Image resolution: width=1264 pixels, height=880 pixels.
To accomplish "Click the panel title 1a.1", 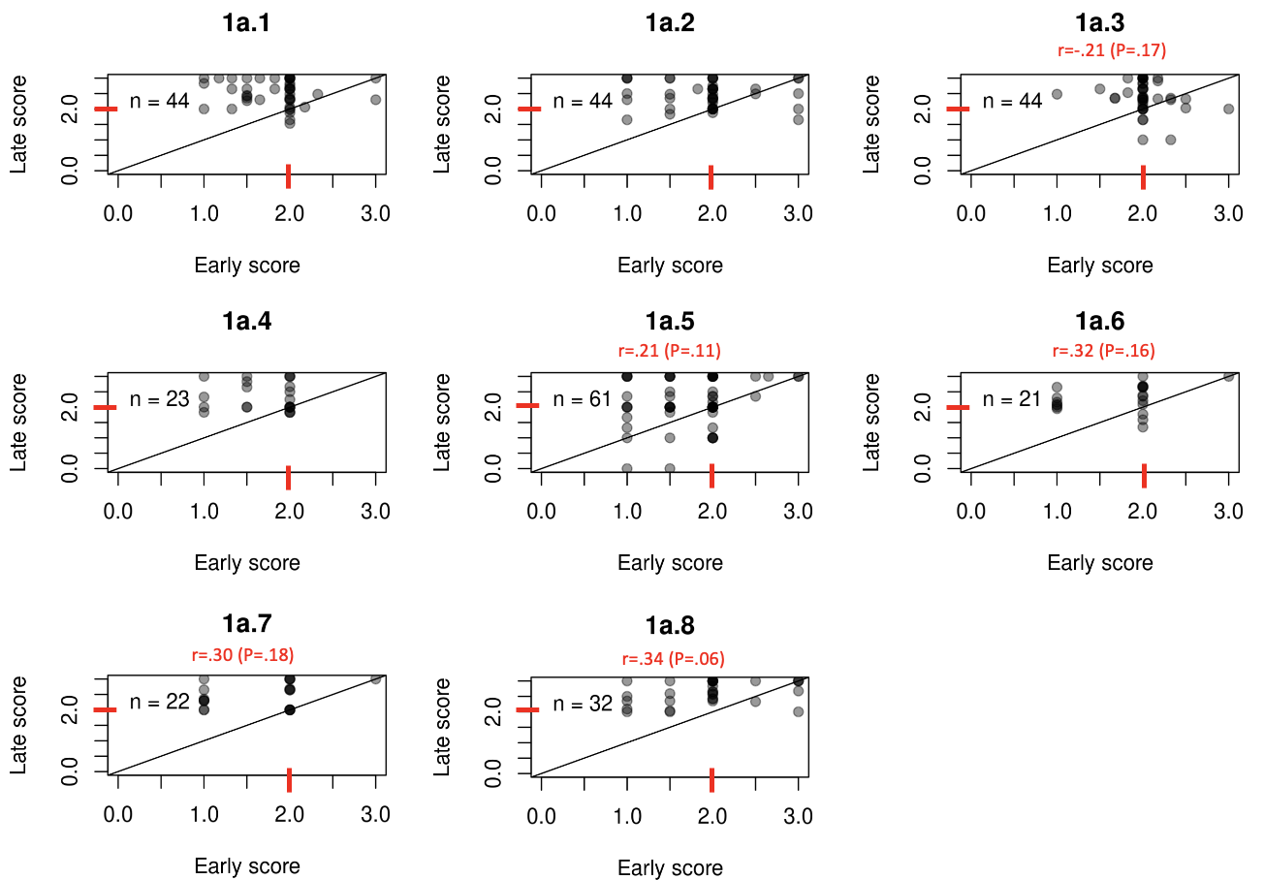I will [247, 23].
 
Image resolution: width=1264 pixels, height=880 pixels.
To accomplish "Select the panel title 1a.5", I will [670, 322].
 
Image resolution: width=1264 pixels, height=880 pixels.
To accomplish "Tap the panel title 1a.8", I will [670, 626].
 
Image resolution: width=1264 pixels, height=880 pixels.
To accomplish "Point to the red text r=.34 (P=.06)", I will [673, 659].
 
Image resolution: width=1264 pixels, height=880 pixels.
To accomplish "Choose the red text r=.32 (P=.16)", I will [1103, 350].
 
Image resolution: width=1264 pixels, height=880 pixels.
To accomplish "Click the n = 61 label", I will [583, 398].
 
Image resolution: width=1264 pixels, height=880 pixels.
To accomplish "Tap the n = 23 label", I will [159, 398].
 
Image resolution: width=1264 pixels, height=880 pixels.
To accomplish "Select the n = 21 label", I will [1012, 398].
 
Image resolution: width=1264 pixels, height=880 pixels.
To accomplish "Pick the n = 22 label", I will [159, 702].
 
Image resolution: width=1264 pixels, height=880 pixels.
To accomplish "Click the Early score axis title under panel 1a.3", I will [1100, 266].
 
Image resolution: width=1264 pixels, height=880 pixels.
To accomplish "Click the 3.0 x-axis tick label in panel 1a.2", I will [798, 213].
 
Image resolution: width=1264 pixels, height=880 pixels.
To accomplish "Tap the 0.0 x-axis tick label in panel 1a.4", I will [118, 512].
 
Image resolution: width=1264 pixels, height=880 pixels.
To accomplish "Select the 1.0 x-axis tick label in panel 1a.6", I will [1057, 512].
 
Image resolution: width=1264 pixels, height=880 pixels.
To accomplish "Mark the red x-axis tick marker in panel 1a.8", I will [711, 779].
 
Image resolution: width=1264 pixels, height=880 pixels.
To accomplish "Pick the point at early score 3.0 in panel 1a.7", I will [375, 679].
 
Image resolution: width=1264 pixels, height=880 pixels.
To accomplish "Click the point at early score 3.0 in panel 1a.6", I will [1228, 376].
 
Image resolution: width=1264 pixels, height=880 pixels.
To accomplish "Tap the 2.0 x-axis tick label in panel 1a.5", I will [712, 512].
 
